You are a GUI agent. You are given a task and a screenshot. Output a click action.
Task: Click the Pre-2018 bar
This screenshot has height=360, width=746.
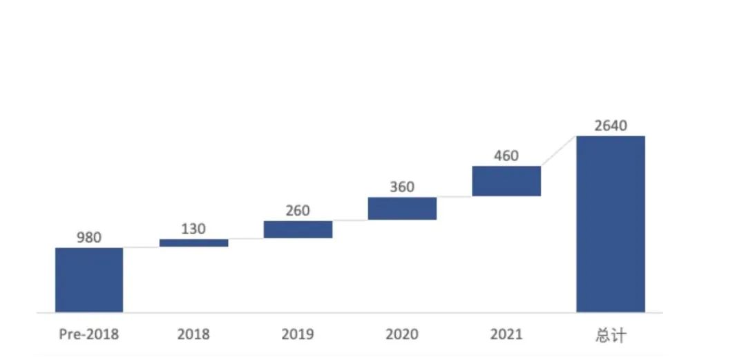coord(89,280)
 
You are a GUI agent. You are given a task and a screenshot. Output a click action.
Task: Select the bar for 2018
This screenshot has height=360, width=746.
coord(193,243)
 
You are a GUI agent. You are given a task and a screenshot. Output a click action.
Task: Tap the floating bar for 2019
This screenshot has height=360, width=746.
coord(298,229)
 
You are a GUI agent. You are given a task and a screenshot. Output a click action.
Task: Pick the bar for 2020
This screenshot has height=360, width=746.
coord(402,209)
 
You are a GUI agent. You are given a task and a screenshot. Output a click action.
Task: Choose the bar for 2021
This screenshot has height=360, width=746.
coord(506,181)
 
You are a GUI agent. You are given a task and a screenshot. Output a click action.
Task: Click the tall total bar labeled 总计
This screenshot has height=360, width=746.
coord(611,224)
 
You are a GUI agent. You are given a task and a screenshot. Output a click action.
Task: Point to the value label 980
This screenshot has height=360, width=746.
coord(89,238)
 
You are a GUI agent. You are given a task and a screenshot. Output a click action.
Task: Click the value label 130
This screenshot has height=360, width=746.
coord(193,229)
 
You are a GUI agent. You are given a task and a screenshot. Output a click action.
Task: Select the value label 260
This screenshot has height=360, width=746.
coord(298,211)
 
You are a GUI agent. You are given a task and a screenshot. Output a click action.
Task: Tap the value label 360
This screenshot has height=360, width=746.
coord(402,187)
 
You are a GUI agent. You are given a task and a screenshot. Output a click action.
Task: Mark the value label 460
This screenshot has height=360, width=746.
coord(506,155)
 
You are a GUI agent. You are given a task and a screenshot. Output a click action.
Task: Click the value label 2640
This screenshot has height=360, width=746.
coord(611,125)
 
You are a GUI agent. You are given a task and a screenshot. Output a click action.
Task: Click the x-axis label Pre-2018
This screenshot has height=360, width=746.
coord(88,335)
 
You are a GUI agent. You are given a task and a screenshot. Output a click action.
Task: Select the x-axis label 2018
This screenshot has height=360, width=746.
coord(193,335)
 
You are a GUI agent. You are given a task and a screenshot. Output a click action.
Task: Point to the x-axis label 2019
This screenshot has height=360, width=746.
coord(298,335)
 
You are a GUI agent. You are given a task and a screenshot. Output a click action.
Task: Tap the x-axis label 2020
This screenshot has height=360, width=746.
coord(402,335)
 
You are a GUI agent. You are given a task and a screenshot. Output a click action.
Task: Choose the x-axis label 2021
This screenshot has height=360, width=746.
coord(506,335)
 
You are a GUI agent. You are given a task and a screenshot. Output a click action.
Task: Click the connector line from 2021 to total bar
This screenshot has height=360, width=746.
coord(559,151)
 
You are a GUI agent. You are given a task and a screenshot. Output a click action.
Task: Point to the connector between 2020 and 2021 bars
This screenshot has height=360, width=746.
coord(455,197)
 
